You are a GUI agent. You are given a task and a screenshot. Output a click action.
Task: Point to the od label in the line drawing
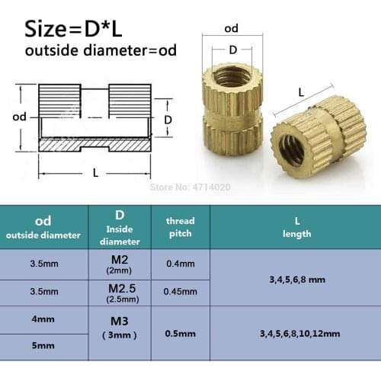tap(21, 118)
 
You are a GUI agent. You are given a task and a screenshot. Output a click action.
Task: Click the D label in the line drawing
tap(169, 120)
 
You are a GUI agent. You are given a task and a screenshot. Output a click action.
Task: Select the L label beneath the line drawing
tap(95, 172)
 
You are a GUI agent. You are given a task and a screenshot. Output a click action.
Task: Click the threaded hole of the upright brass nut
tap(233, 76)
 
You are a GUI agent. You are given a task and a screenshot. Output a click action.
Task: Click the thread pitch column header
tap(181, 227)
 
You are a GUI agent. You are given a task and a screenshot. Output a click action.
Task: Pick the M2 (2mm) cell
tap(119, 264)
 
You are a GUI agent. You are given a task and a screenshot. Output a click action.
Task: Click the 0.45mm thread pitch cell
tap(181, 291)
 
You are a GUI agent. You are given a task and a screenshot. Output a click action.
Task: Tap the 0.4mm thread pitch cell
tap(181, 264)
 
